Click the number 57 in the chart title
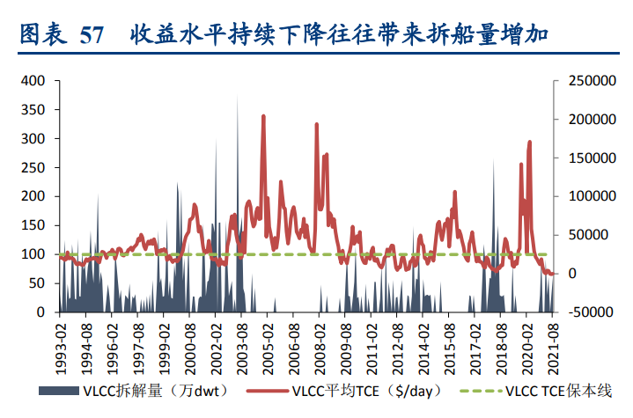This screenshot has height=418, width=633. click(x=92, y=36)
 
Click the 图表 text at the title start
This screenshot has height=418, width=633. click(x=40, y=36)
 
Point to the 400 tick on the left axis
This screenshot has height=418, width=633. click(x=34, y=81)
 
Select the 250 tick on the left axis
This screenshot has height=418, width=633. click(x=34, y=167)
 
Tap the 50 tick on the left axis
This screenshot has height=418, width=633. click(x=37, y=283)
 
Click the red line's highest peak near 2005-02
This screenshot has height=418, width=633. click(x=262, y=116)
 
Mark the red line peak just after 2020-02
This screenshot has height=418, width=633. click(x=530, y=142)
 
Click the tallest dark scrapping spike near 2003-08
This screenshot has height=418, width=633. click(x=237, y=95)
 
